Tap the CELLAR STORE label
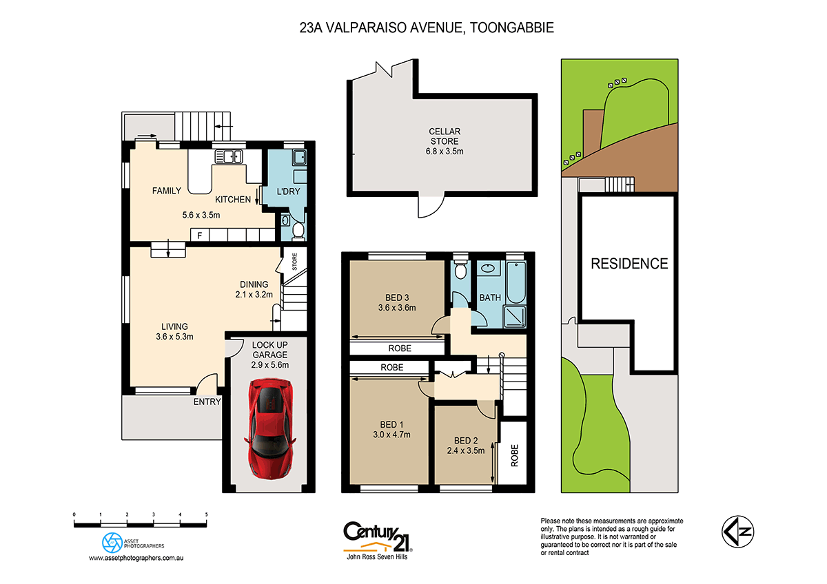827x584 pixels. tap(445, 136)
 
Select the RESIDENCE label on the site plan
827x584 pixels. tap(629, 263)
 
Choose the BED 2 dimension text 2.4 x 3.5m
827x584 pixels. tap(466, 452)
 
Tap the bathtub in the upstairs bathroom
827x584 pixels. tap(514, 284)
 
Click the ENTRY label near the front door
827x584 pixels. tap(207, 401)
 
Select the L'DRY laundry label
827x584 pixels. tap(288, 191)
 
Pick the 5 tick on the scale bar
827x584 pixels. tap(206, 514)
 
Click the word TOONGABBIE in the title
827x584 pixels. tap(511, 28)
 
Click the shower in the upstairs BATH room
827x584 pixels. tap(514, 315)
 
